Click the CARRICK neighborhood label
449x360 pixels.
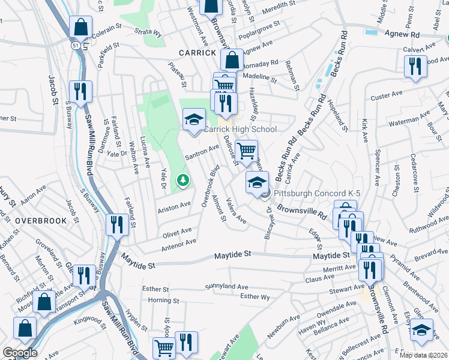point(197,53)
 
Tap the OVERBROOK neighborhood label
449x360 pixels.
point(41,221)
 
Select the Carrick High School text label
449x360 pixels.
point(240,129)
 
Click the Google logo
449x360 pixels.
point(20,353)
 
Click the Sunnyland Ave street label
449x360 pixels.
point(226,287)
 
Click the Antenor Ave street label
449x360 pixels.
point(178,245)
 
